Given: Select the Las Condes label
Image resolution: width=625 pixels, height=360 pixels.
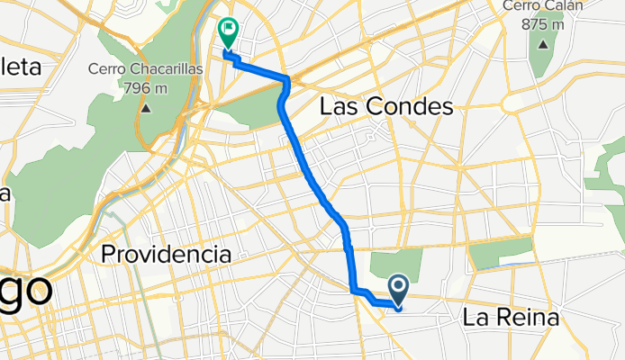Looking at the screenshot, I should (x=386, y=108).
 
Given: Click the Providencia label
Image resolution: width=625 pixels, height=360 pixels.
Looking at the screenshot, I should (x=166, y=254).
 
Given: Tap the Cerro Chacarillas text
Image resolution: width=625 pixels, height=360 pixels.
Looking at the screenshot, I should (x=146, y=69).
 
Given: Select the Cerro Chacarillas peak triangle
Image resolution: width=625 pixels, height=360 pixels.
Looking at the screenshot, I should (x=146, y=108).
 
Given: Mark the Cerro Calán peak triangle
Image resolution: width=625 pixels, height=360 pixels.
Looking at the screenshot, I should (x=544, y=44).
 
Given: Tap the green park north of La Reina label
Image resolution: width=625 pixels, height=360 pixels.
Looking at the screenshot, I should (x=502, y=253).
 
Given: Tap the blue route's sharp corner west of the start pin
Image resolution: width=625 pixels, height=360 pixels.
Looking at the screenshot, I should (x=353, y=290).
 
